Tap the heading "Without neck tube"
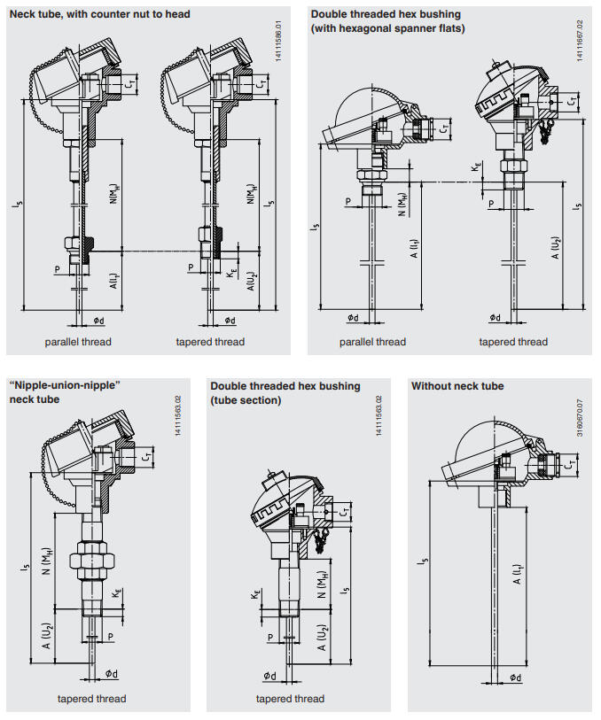457,386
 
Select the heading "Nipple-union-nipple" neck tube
64,392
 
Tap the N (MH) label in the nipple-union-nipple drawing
47,562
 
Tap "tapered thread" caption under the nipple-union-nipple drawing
92,699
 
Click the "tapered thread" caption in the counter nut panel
210,342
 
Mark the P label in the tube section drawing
270,636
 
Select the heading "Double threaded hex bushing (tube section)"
285,393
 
